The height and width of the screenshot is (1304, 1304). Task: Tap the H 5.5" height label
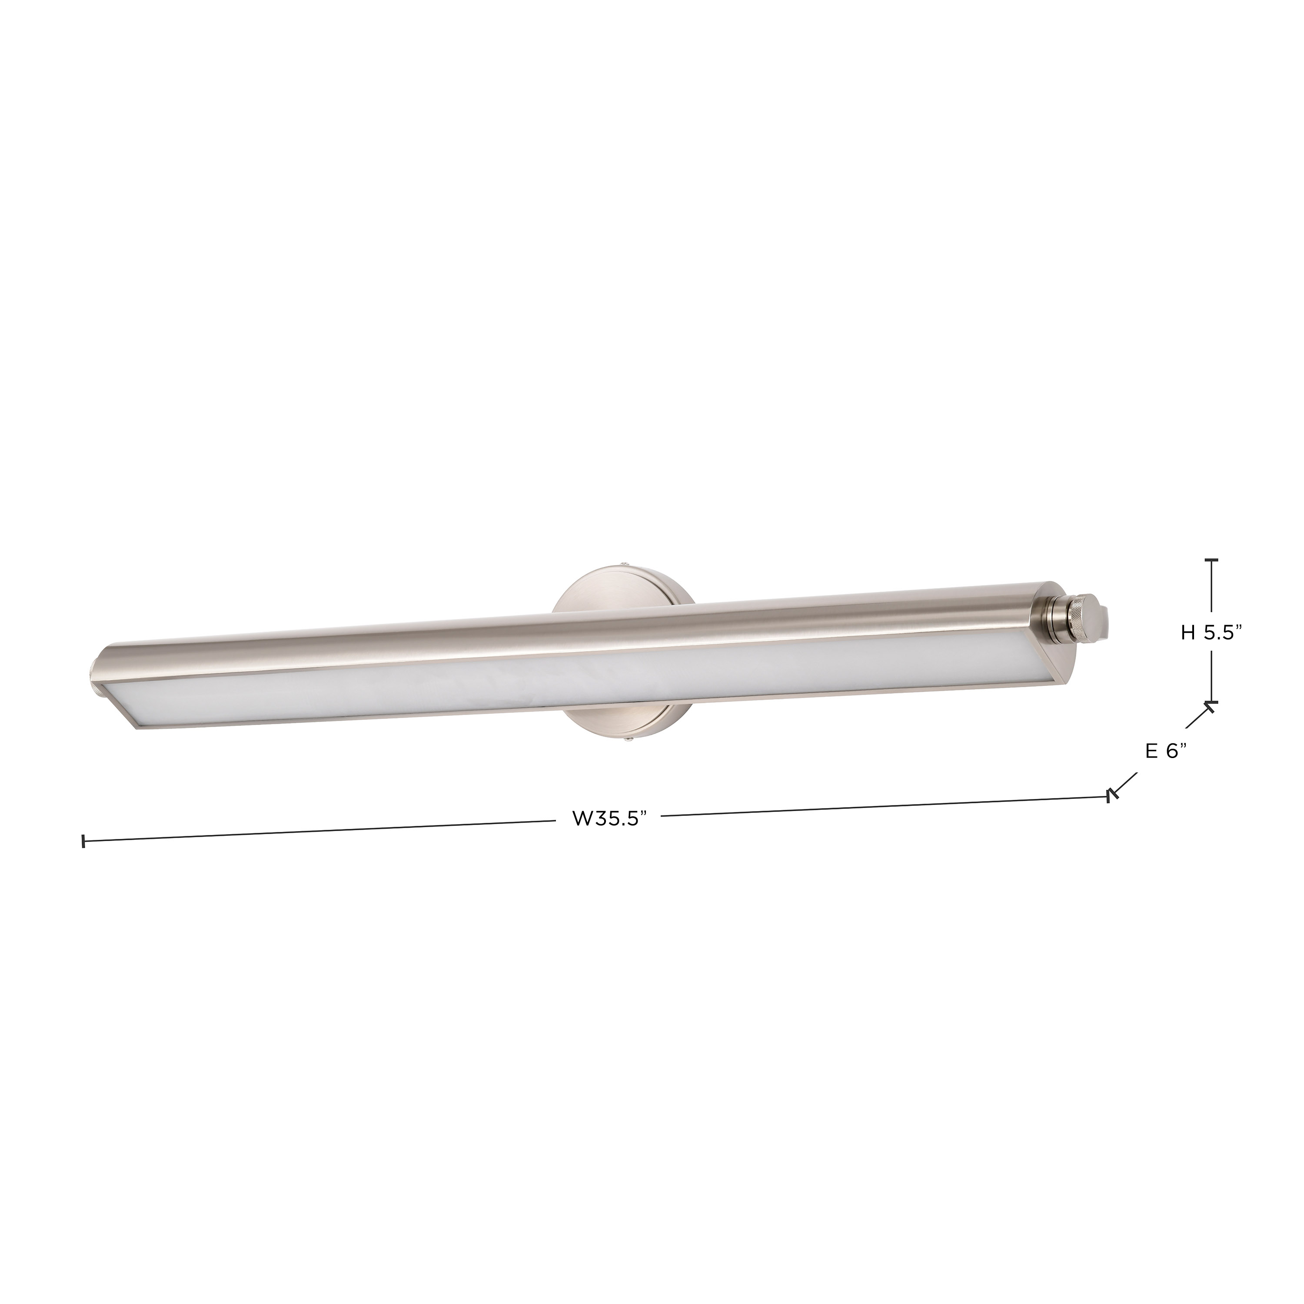(1211, 632)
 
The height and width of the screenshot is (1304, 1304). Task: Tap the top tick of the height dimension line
(1212, 560)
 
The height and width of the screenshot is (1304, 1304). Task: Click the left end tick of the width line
(83, 841)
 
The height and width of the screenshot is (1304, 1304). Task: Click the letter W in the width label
(582, 819)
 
